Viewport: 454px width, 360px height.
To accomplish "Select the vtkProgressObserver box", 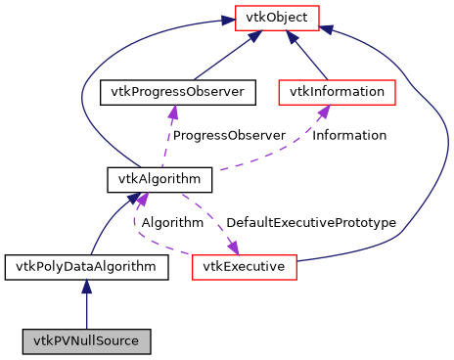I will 177,93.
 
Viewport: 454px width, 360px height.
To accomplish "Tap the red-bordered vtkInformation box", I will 337,93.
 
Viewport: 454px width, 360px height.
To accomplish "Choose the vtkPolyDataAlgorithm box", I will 87,266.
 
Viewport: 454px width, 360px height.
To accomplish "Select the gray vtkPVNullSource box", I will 87,341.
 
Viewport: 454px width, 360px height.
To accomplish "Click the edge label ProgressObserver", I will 229,135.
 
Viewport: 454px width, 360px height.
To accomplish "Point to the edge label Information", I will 349,135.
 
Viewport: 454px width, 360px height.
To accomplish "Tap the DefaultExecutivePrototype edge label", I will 311,222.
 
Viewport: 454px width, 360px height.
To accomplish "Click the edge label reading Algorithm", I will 172,222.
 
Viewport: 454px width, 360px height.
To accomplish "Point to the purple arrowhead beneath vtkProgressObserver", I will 173,113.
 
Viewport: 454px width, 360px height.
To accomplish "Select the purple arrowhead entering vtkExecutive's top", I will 233,245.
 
